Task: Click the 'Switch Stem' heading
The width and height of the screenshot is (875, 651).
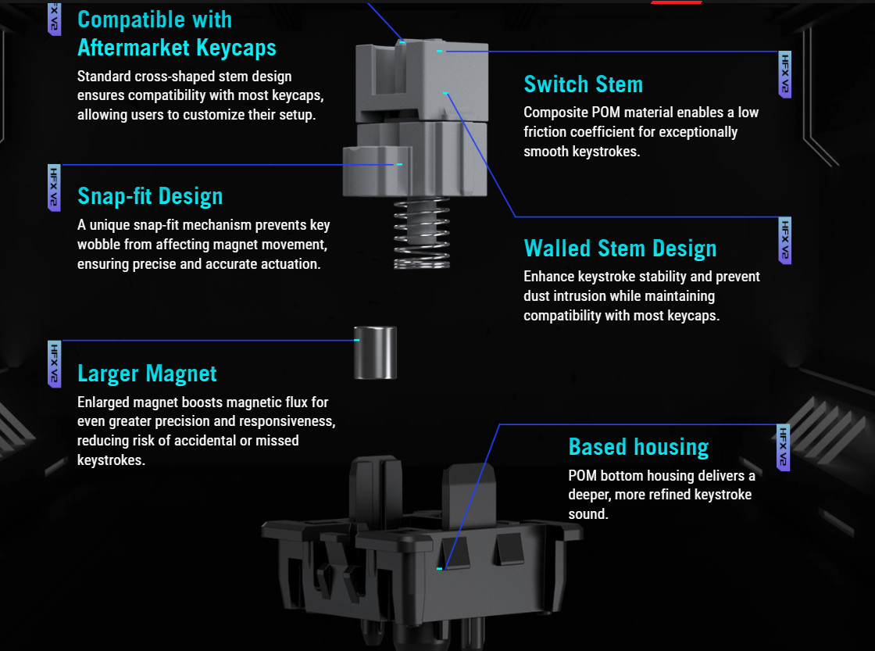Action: pyautogui.click(x=583, y=84)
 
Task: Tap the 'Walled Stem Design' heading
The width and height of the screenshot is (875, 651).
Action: pyautogui.click(x=620, y=249)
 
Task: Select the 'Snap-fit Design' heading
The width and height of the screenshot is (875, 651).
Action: pyautogui.click(x=150, y=196)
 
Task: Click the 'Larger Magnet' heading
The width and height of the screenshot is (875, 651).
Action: pyautogui.click(x=147, y=374)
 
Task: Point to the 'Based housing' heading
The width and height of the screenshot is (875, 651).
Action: pyautogui.click(x=638, y=447)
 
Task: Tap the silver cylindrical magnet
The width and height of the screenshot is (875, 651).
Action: pyautogui.click(x=376, y=353)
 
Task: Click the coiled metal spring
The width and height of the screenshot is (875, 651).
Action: pyautogui.click(x=422, y=233)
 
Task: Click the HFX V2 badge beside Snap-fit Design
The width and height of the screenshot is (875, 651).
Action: pyautogui.click(x=54, y=188)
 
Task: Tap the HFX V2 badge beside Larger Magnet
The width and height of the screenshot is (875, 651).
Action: pyautogui.click(x=54, y=364)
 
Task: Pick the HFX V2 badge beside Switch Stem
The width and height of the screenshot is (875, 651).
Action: pyautogui.click(x=784, y=75)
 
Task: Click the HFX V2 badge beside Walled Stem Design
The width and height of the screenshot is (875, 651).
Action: pyautogui.click(x=784, y=241)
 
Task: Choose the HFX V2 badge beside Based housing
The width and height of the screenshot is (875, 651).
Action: pyautogui.click(x=783, y=448)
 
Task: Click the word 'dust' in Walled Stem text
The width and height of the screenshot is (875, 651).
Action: pyautogui.click(x=537, y=296)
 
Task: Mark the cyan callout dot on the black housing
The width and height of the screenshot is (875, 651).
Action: pyautogui.click(x=440, y=568)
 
